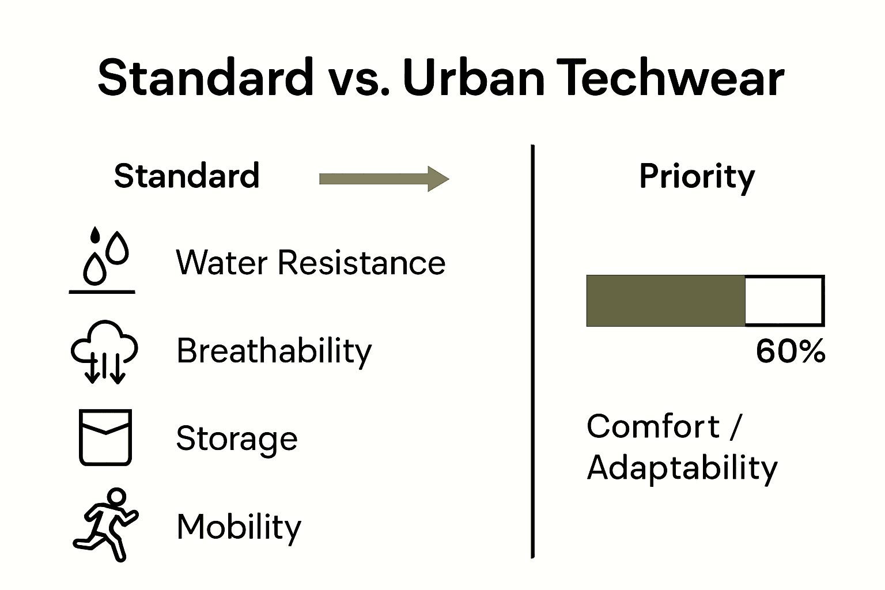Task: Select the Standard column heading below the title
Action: [187, 176]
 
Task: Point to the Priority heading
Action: [697, 177]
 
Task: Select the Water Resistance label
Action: [310, 263]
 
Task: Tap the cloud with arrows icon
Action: [104, 351]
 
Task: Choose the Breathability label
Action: [274, 351]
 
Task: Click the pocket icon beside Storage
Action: [105, 437]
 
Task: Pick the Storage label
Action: [237, 438]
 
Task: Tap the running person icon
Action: [105, 525]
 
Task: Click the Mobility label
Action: [239, 526]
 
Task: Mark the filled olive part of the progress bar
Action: [665, 301]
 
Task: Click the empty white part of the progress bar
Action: [784, 301]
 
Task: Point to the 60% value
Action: [790, 350]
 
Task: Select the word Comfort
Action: [653, 426]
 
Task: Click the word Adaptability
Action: [682, 467]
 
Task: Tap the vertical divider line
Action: [533, 351]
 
